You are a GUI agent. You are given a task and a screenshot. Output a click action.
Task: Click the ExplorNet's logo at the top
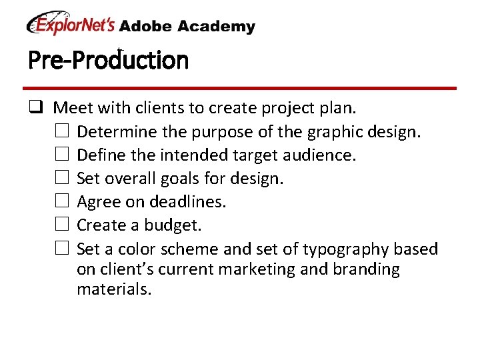pos(71,25)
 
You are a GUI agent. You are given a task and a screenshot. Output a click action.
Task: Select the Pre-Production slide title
pos(109,61)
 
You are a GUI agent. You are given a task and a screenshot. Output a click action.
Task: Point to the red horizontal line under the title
pos(240,88)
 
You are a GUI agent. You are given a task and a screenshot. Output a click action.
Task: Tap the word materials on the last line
pos(114,289)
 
